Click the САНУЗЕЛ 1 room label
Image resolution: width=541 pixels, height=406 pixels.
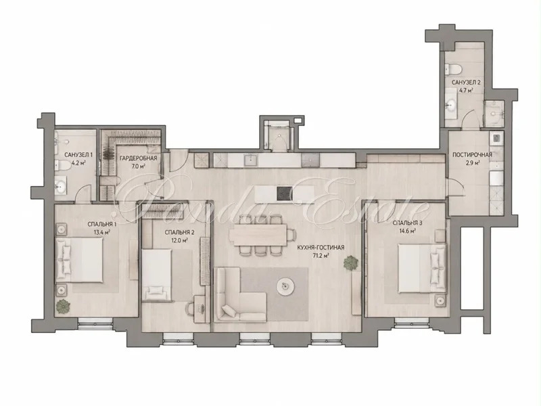coord(78,155)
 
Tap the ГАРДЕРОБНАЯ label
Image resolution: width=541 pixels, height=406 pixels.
coord(139,158)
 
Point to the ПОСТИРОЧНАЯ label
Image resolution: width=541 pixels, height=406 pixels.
coord(472,155)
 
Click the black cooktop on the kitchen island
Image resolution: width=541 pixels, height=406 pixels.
coord(285,194)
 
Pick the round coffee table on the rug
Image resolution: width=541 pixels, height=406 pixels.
coord(285,286)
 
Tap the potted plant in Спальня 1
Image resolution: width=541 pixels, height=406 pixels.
coord(63,307)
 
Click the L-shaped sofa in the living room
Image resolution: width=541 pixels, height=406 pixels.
coord(236,297)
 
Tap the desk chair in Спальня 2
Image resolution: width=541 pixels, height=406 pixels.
coord(191,309)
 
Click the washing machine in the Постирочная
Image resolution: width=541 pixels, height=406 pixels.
coord(496,139)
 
